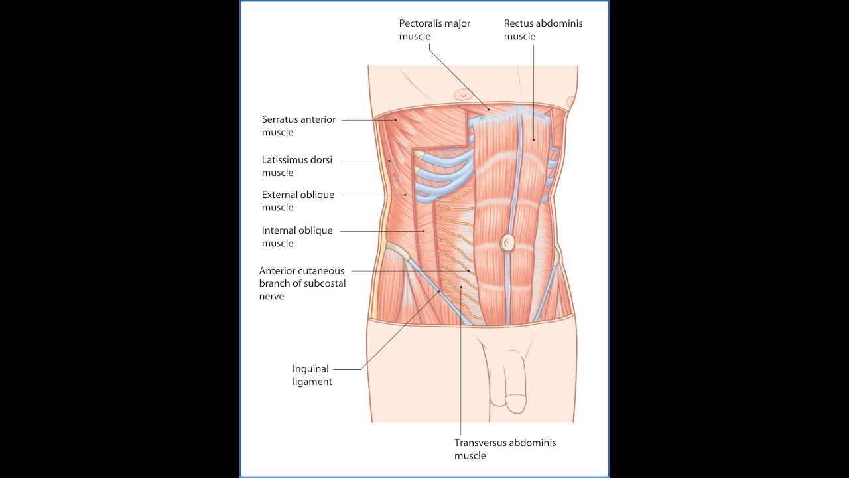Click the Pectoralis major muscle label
point(434,30)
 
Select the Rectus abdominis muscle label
point(543,30)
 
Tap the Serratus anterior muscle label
point(298,125)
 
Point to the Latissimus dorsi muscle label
point(296,166)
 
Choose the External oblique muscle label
point(298,200)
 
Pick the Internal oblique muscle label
point(296,236)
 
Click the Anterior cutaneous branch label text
point(302,283)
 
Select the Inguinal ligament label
point(312,375)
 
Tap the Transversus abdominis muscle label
point(505,449)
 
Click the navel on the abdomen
point(507,242)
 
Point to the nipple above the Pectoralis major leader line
point(462,94)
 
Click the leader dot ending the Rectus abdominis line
point(534,140)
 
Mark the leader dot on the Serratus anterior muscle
point(396,120)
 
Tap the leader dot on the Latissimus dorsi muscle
point(389,161)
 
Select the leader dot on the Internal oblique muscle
point(424,230)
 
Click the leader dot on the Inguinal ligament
point(439,291)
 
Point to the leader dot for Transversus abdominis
point(461,287)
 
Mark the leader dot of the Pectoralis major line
point(489,110)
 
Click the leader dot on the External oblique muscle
point(405,195)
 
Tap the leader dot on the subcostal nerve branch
point(469,271)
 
